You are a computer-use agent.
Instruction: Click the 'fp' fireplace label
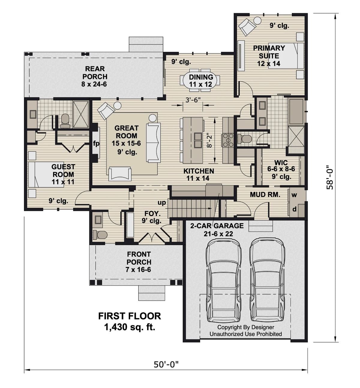coord(96,144)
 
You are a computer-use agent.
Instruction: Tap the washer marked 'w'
coord(294,195)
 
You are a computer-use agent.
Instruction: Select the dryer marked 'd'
coord(294,209)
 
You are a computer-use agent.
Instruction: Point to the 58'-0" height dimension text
coord(330,177)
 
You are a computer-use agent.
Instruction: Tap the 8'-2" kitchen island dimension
coord(210,140)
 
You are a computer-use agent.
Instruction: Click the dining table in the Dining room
coord(200,80)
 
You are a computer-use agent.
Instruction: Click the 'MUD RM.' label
coord(265,195)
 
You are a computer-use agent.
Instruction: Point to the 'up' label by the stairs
coord(162,203)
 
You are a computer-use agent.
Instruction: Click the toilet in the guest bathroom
coord(65,120)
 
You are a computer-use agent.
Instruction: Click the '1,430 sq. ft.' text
coord(130,327)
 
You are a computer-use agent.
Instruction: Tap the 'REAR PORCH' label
coord(94,73)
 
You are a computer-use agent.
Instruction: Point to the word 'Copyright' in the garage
coord(229,327)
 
